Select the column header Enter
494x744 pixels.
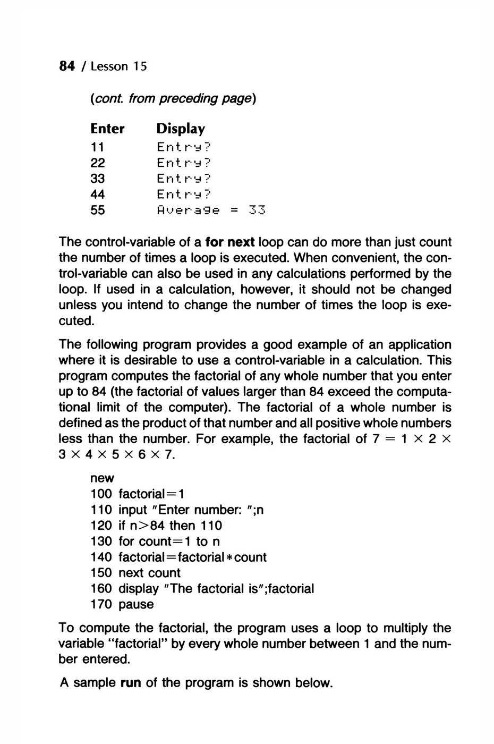point(107,129)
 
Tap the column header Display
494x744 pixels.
point(181,129)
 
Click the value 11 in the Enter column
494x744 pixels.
point(97,147)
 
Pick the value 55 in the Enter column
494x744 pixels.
point(98,210)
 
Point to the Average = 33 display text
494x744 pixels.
point(211,210)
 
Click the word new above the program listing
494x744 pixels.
point(102,478)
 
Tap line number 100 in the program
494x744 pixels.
point(101,494)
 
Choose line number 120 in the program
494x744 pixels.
point(101,526)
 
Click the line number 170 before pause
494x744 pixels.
point(101,604)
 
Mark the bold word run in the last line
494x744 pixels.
point(131,683)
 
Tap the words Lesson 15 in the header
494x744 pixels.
point(118,66)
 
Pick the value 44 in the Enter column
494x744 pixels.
point(98,195)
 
